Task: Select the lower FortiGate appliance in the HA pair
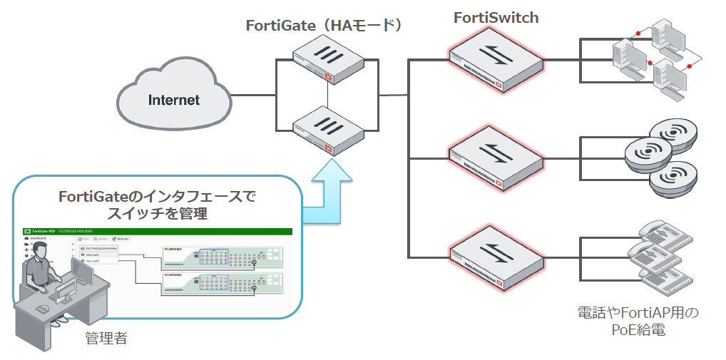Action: point(327,128)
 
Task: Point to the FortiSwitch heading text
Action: point(496,18)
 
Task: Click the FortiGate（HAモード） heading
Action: point(325,26)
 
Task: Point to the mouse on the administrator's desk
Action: point(43,308)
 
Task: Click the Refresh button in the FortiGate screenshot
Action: point(121,239)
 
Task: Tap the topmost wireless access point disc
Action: point(674,133)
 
